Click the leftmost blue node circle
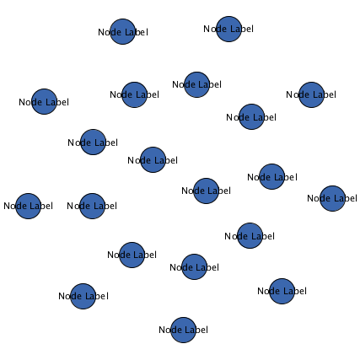tap(28, 206)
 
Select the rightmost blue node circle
tap(332, 198)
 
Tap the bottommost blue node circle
tap(183, 330)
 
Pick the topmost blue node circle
tap(228, 29)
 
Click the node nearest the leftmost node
tap(92, 206)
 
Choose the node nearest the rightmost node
tap(271, 176)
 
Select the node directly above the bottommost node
tap(194, 266)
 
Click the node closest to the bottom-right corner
tap(282, 291)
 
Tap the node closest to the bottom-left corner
tap(83, 296)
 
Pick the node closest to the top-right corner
tap(311, 94)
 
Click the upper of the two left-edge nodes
tap(44, 101)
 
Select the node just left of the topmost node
tap(122, 31)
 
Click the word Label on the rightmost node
tap(345, 198)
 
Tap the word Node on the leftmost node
tap(13, 206)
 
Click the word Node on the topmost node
tap(213, 29)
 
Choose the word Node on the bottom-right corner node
tap(266, 291)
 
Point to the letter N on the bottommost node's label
tap(162, 330)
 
